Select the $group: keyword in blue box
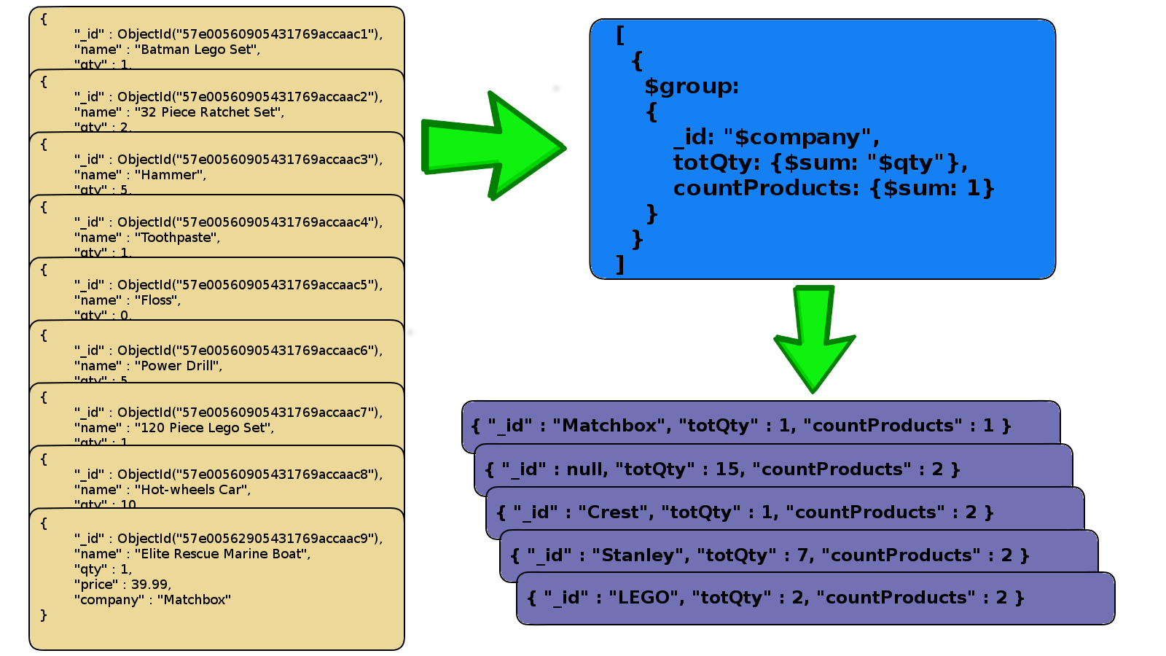691,87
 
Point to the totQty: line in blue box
820,163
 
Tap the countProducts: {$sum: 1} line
833,188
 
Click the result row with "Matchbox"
742,426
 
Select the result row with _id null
722,469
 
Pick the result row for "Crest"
745,512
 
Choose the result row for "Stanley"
770,555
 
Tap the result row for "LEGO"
775,598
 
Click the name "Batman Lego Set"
197,50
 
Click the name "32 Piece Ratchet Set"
209,112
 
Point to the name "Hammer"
170,175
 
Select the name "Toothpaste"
177,238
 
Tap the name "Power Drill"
179,366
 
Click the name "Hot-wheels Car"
192,490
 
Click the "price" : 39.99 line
122,585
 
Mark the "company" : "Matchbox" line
152,600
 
